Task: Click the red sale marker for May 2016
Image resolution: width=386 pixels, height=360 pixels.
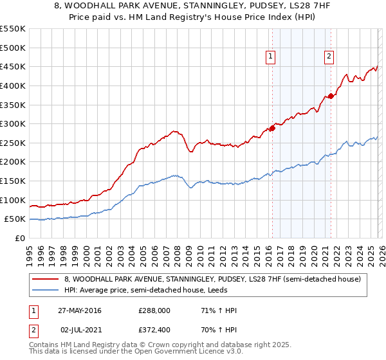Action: click(272, 128)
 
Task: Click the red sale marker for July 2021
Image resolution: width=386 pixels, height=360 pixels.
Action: click(331, 96)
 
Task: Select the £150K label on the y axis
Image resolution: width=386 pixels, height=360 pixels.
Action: click(13, 181)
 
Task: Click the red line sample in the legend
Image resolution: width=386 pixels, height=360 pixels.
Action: click(45, 279)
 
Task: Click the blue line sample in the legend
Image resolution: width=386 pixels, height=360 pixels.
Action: click(45, 290)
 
